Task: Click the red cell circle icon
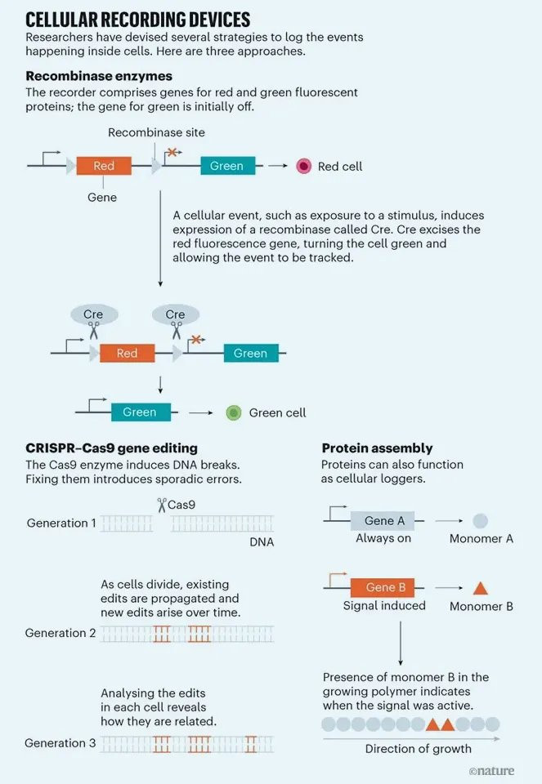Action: (x=304, y=166)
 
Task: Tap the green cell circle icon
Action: (x=234, y=412)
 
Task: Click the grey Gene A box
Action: (x=383, y=520)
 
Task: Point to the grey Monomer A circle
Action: (x=480, y=520)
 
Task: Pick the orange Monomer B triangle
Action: (x=481, y=588)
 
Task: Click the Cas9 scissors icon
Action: (x=162, y=505)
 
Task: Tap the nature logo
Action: (x=491, y=770)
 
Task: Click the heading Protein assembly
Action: (x=378, y=448)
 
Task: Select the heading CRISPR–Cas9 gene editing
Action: (x=112, y=448)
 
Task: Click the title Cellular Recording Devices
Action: (x=137, y=20)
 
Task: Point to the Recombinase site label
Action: (x=157, y=132)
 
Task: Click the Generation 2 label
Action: (x=60, y=633)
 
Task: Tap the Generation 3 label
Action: (x=60, y=743)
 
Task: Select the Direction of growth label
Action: (x=419, y=749)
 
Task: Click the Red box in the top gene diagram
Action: (x=104, y=166)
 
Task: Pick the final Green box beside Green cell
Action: (x=141, y=412)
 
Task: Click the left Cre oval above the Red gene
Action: (x=94, y=314)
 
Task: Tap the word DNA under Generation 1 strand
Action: (x=262, y=542)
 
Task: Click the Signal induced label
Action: (x=384, y=606)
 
